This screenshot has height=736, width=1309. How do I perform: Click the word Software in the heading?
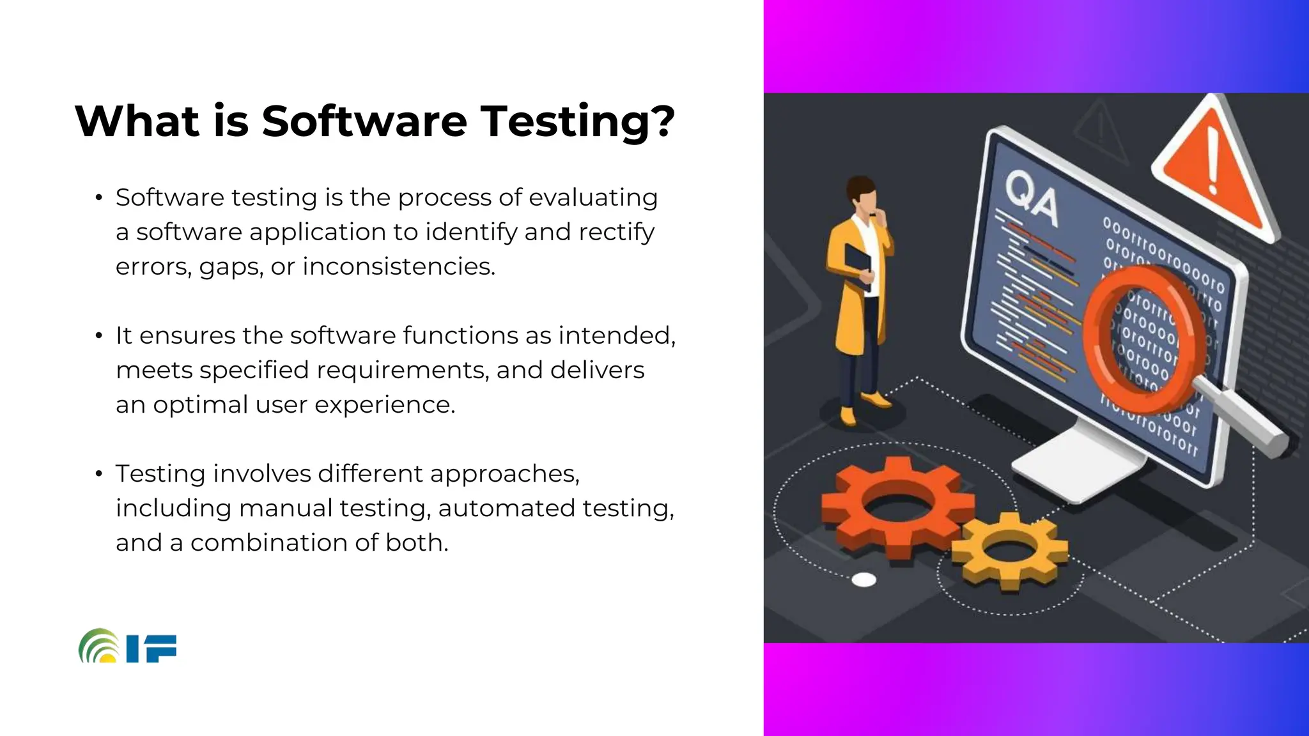364,121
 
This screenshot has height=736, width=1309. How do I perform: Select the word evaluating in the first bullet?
593,197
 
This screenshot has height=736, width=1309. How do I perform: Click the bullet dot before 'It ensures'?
98,335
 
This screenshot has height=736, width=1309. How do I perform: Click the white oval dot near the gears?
864,579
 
